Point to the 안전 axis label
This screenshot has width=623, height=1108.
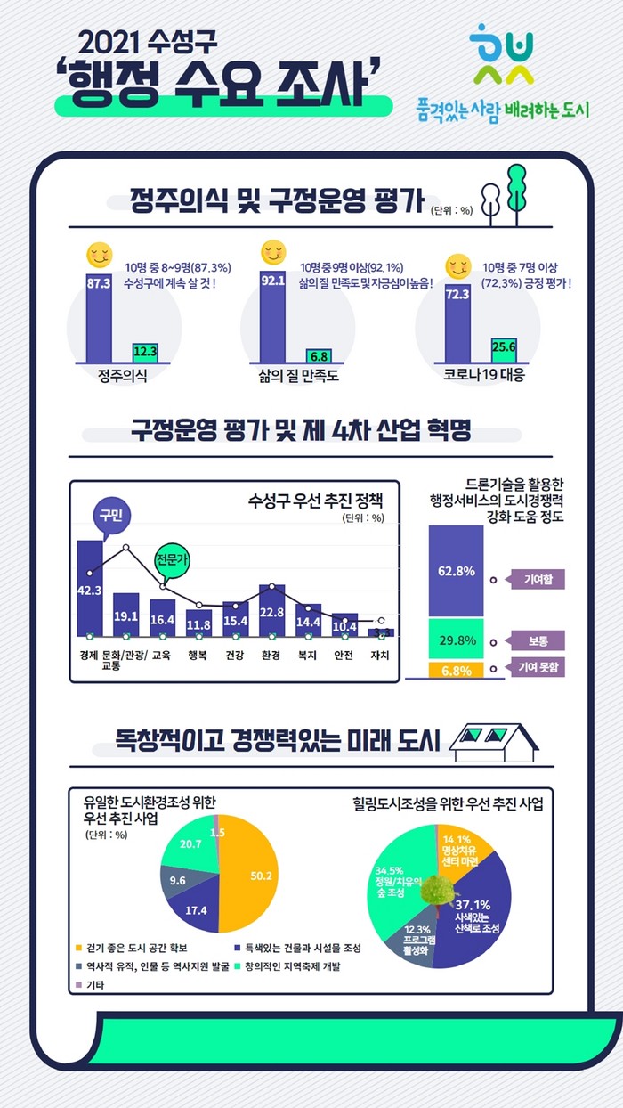[344, 656]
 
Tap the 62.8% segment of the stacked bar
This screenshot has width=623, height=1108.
[456, 571]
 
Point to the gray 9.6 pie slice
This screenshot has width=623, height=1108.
[179, 881]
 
